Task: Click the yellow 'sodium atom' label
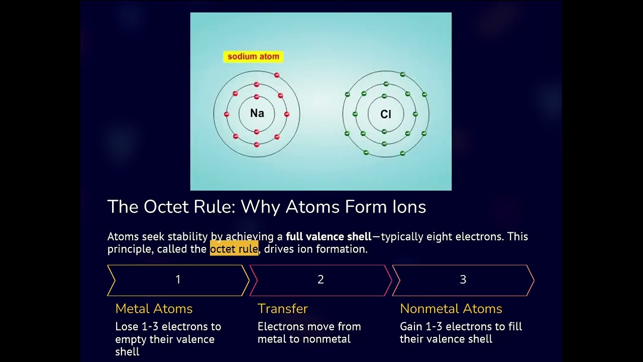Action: (x=253, y=57)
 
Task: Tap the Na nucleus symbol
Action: (x=257, y=114)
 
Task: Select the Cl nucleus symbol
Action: (x=385, y=115)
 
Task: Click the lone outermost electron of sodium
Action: (x=276, y=75)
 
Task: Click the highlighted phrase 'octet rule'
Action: (x=234, y=249)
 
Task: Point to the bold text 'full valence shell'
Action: (x=329, y=236)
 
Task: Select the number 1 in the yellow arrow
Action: (x=178, y=280)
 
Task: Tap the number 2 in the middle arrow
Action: (x=320, y=280)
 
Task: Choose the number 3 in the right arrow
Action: (x=463, y=280)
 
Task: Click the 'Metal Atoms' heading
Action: (x=154, y=309)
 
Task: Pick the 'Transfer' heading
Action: (x=282, y=309)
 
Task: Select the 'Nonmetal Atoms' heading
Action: (x=451, y=309)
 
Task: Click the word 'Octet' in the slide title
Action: (x=164, y=207)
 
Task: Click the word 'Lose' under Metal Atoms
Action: (x=127, y=327)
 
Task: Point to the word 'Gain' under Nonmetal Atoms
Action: (x=411, y=327)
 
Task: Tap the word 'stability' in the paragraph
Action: (x=187, y=236)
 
